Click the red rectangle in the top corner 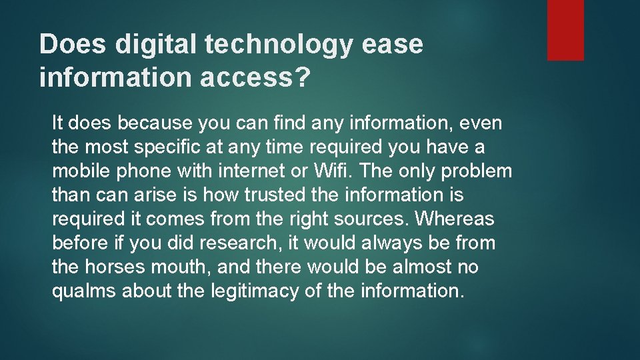(x=565, y=30)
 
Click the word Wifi (x=330, y=171)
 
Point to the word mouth (x=180, y=267)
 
